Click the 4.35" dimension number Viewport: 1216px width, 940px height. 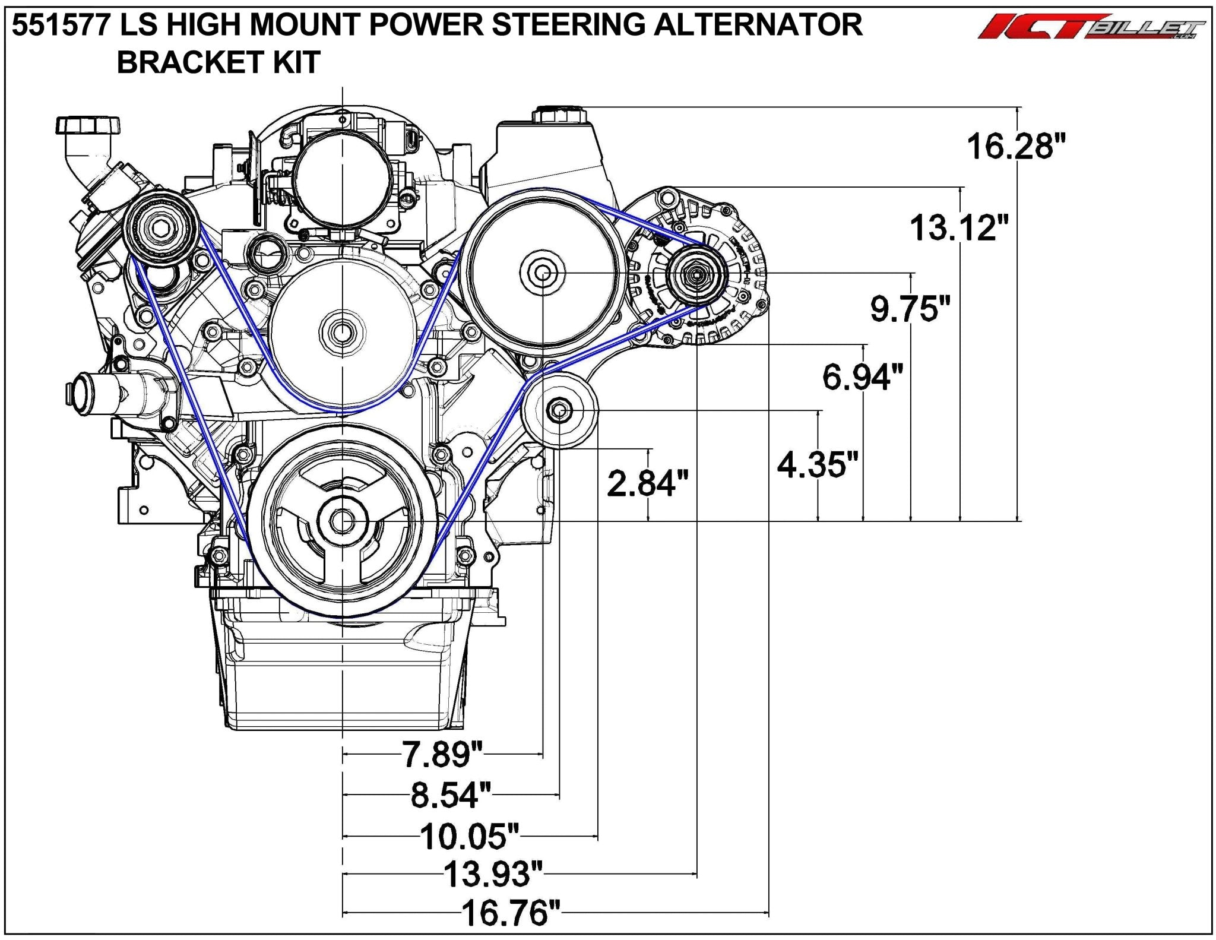pyautogui.click(x=818, y=464)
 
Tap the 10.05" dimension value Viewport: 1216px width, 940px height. pyautogui.click(x=470, y=836)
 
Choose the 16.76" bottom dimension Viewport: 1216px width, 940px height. pyautogui.click(x=511, y=913)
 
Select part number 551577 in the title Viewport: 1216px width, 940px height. pyautogui.click(x=60, y=26)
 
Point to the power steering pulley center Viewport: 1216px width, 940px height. pyautogui.click(x=542, y=273)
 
